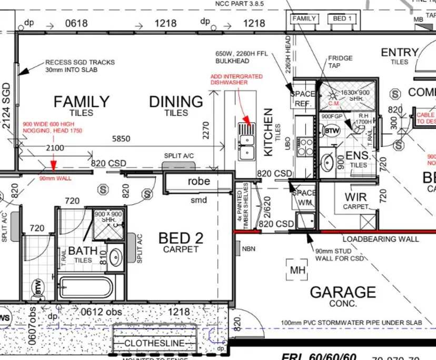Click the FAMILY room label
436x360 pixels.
(81, 101)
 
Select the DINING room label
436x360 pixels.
(176, 101)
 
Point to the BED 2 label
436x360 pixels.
(181, 238)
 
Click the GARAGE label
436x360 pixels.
(343, 292)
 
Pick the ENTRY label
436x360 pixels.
(400, 53)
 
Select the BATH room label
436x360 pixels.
(83, 251)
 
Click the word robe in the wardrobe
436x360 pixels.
(199, 181)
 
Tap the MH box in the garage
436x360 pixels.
(297, 271)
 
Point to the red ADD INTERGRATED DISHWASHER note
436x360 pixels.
(236, 79)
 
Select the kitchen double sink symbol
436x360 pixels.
(245, 141)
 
